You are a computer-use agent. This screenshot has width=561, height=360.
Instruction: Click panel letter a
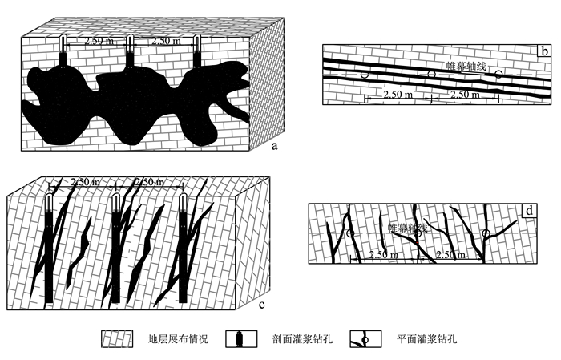274,146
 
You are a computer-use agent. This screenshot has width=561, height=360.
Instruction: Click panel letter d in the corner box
532,212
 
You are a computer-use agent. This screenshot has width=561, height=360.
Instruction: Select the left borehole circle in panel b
365,75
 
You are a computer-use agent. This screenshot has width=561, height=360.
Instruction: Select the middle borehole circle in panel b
431,75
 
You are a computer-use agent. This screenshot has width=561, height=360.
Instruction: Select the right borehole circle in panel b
498,75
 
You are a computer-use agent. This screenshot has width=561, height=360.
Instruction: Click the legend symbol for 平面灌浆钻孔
365,339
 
